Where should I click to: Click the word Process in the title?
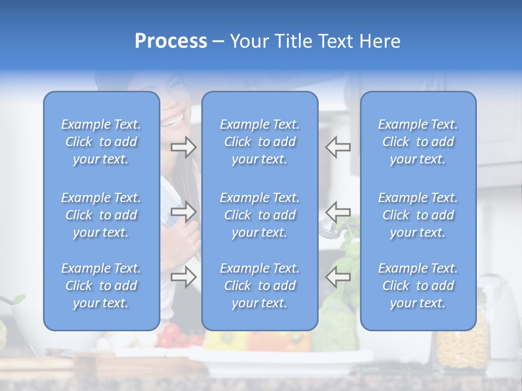[x=171, y=41]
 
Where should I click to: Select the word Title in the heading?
[x=292, y=41]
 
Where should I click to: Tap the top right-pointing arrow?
[x=183, y=147]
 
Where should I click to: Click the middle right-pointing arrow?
[x=183, y=211]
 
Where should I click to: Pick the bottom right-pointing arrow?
[x=183, y=277]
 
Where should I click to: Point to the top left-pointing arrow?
[x=338, y=147]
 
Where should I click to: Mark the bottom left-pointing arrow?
[x=338, y=277]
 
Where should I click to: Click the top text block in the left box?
[x=101, y=142]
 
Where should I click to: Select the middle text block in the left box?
[x=101, y=215]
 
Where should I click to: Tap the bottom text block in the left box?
[x=101, y=286]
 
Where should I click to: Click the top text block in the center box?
[x=260, y=142]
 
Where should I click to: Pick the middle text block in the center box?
[x=260, y=215]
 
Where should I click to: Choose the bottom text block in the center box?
[x=260, y=286]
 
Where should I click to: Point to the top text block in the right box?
[x=418, y=142]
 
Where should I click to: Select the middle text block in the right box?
[x=418, y=215]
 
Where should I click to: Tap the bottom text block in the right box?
[x=418, y=286]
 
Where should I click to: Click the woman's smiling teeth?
[x=174, y=121]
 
